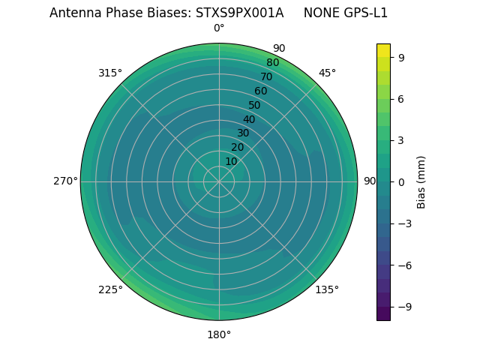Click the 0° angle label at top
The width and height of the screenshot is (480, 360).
(219, 28)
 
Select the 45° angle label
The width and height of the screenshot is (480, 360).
(327, 73)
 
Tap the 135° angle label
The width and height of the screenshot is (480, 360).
(327, 289)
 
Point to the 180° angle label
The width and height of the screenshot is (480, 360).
(219, 334)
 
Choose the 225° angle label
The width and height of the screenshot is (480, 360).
(110, 289)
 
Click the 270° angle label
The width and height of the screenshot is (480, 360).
(65, 181)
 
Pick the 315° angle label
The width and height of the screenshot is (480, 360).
(110, 73)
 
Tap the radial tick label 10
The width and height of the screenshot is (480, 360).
(231, 161)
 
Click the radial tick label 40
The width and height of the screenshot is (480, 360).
(249, 119)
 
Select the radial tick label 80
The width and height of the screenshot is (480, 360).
(272, 63)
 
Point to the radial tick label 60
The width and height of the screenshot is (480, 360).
(260, 91)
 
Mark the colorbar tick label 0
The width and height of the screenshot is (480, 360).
(402, 181)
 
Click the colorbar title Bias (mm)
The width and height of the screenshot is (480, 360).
(421, 181)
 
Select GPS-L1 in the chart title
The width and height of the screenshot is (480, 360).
(365, 13)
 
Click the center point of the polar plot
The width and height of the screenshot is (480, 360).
(219, 181)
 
